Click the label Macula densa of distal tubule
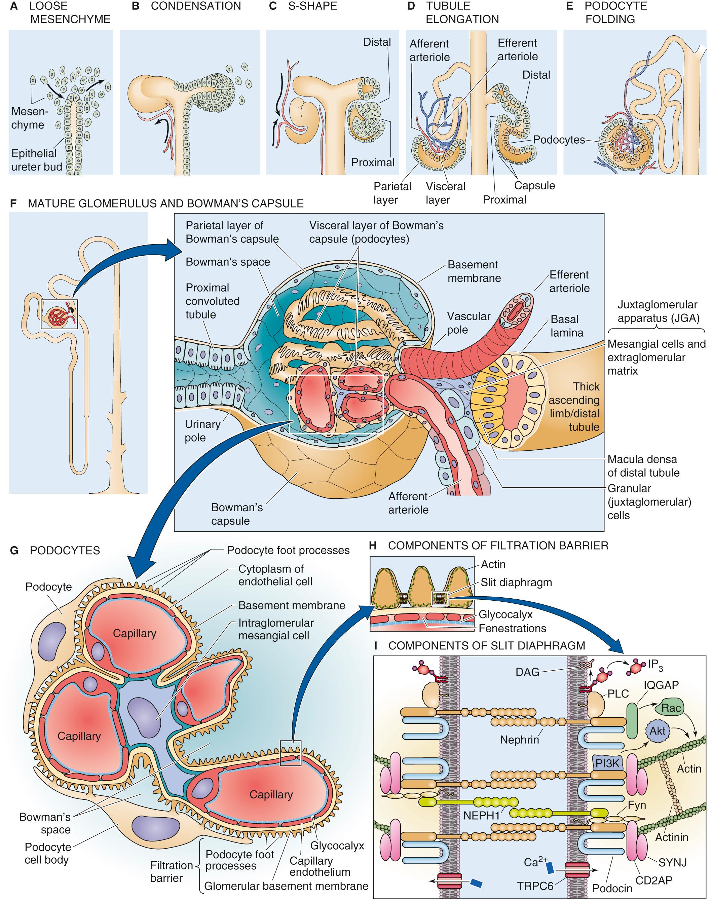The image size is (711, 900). tap(643, 466)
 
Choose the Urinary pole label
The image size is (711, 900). tap(202, 431)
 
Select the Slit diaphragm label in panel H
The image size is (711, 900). tap(516, 583)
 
